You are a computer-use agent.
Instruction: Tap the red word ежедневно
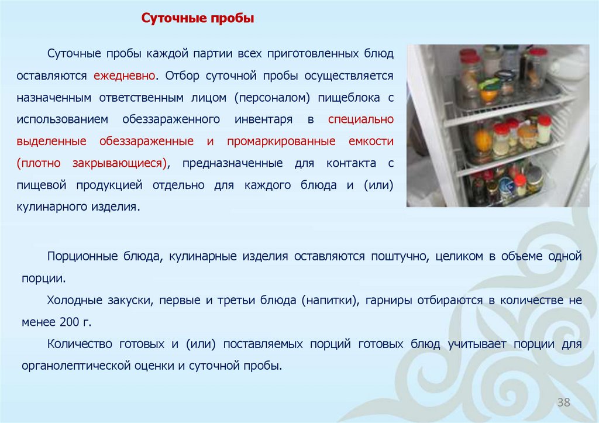tap(123, 75)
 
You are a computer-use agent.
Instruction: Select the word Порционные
tap(81, 256)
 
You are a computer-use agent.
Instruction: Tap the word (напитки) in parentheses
tap(329, 300)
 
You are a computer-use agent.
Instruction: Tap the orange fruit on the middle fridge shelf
tap(483, 140)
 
